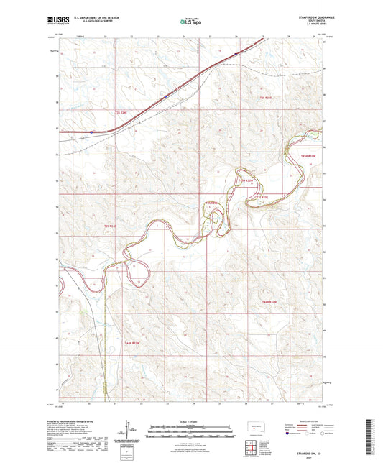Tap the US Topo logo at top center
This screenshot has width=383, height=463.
[190, 22]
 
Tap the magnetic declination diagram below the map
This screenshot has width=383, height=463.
[131, 431]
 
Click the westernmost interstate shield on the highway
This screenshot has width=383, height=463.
[91, 132]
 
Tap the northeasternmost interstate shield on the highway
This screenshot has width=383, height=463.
[236, 52]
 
